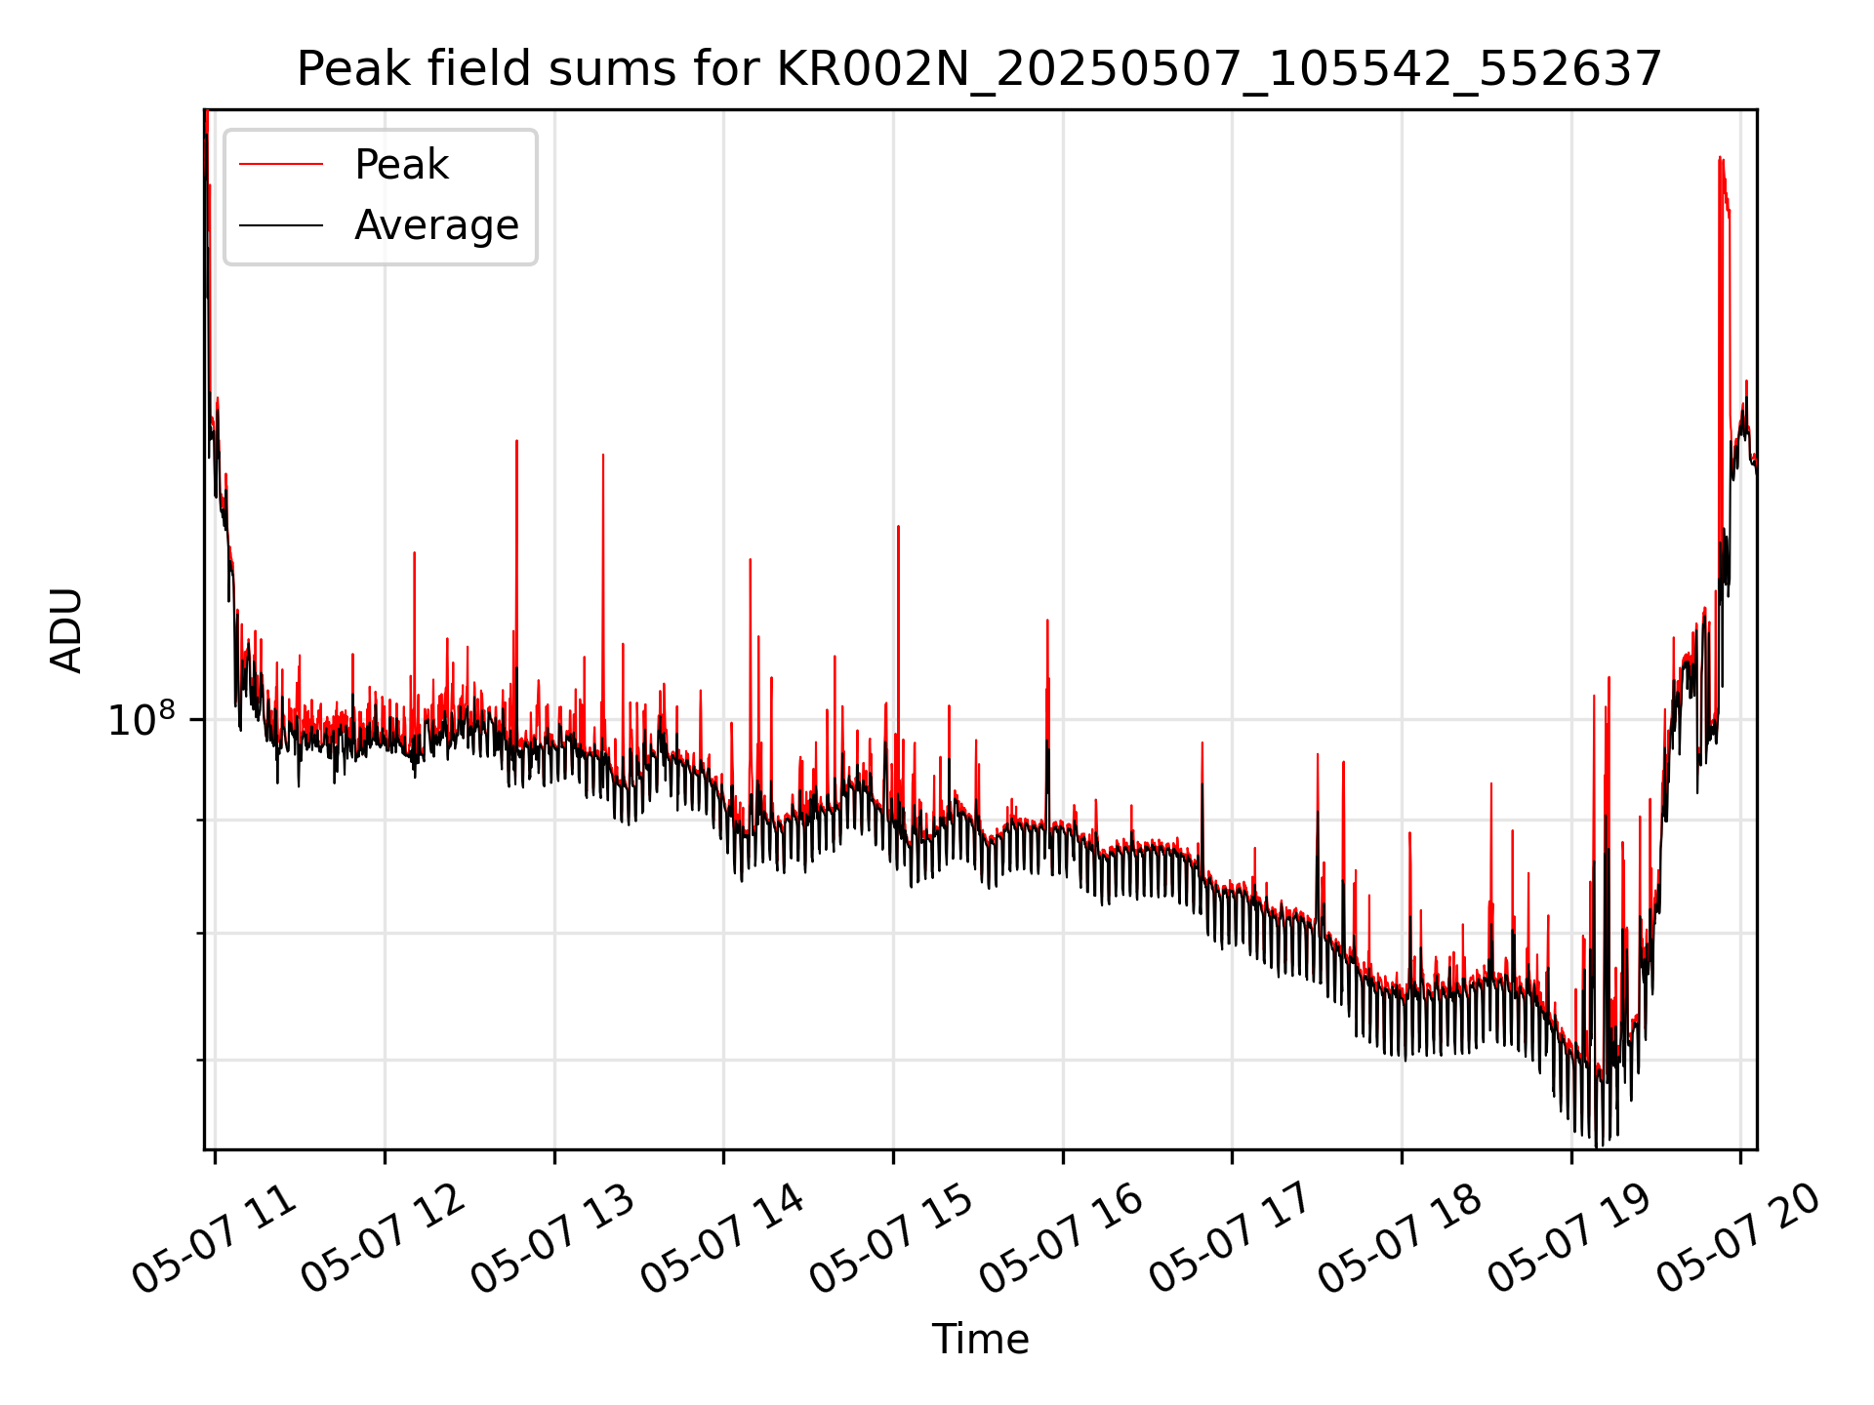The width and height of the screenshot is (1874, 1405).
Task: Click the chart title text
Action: click(979, 69)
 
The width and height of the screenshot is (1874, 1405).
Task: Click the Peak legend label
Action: click(401, 165)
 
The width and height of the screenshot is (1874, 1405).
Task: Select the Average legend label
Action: click(436, 225)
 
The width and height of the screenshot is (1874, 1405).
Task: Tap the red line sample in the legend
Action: click(281, 165)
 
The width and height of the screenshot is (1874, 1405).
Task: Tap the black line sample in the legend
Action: click(281, 225)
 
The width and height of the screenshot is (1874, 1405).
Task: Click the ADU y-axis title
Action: click(66, 630)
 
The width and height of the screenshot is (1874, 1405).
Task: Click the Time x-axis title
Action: click(980, 1340)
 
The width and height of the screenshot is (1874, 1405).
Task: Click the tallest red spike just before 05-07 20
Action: click(1720, 159)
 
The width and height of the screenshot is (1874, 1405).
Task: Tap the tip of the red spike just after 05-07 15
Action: click(898, 527)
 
